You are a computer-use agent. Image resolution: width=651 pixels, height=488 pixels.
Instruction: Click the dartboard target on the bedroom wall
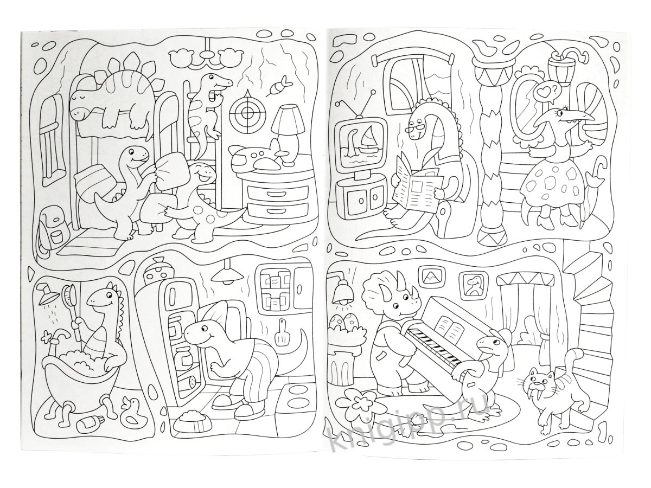[x=246, y=112]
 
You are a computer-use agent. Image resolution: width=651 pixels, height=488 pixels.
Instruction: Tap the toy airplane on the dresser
[x=259, y=157]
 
